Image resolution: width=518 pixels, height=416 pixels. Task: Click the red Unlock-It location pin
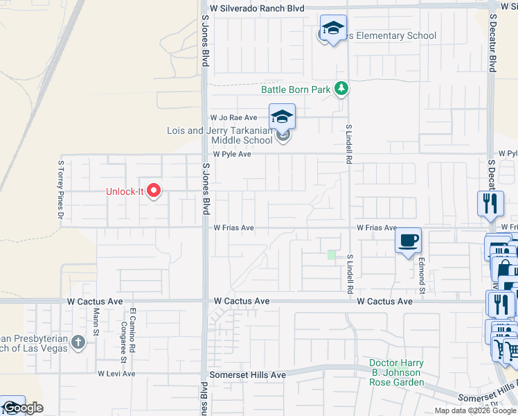click(154, 191)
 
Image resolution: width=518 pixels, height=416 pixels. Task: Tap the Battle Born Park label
click(296, 89)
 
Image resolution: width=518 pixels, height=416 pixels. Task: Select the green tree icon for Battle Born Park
click(341, 89)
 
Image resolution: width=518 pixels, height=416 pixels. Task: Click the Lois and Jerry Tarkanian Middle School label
click(220, 135)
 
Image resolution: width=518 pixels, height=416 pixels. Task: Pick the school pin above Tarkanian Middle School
click(282, 116)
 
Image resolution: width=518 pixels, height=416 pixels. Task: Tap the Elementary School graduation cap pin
click(333, 29)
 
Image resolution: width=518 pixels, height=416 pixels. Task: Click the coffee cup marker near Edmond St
click(408, 241)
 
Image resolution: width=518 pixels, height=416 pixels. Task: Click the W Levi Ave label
click(116, 374)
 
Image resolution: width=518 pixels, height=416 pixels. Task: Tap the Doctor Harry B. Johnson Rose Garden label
click(395, 372)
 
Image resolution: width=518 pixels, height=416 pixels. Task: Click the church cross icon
click(78, 342)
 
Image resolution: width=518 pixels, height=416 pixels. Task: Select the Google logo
click(22, 408)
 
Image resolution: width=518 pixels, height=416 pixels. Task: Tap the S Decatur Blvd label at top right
click(493, 42)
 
